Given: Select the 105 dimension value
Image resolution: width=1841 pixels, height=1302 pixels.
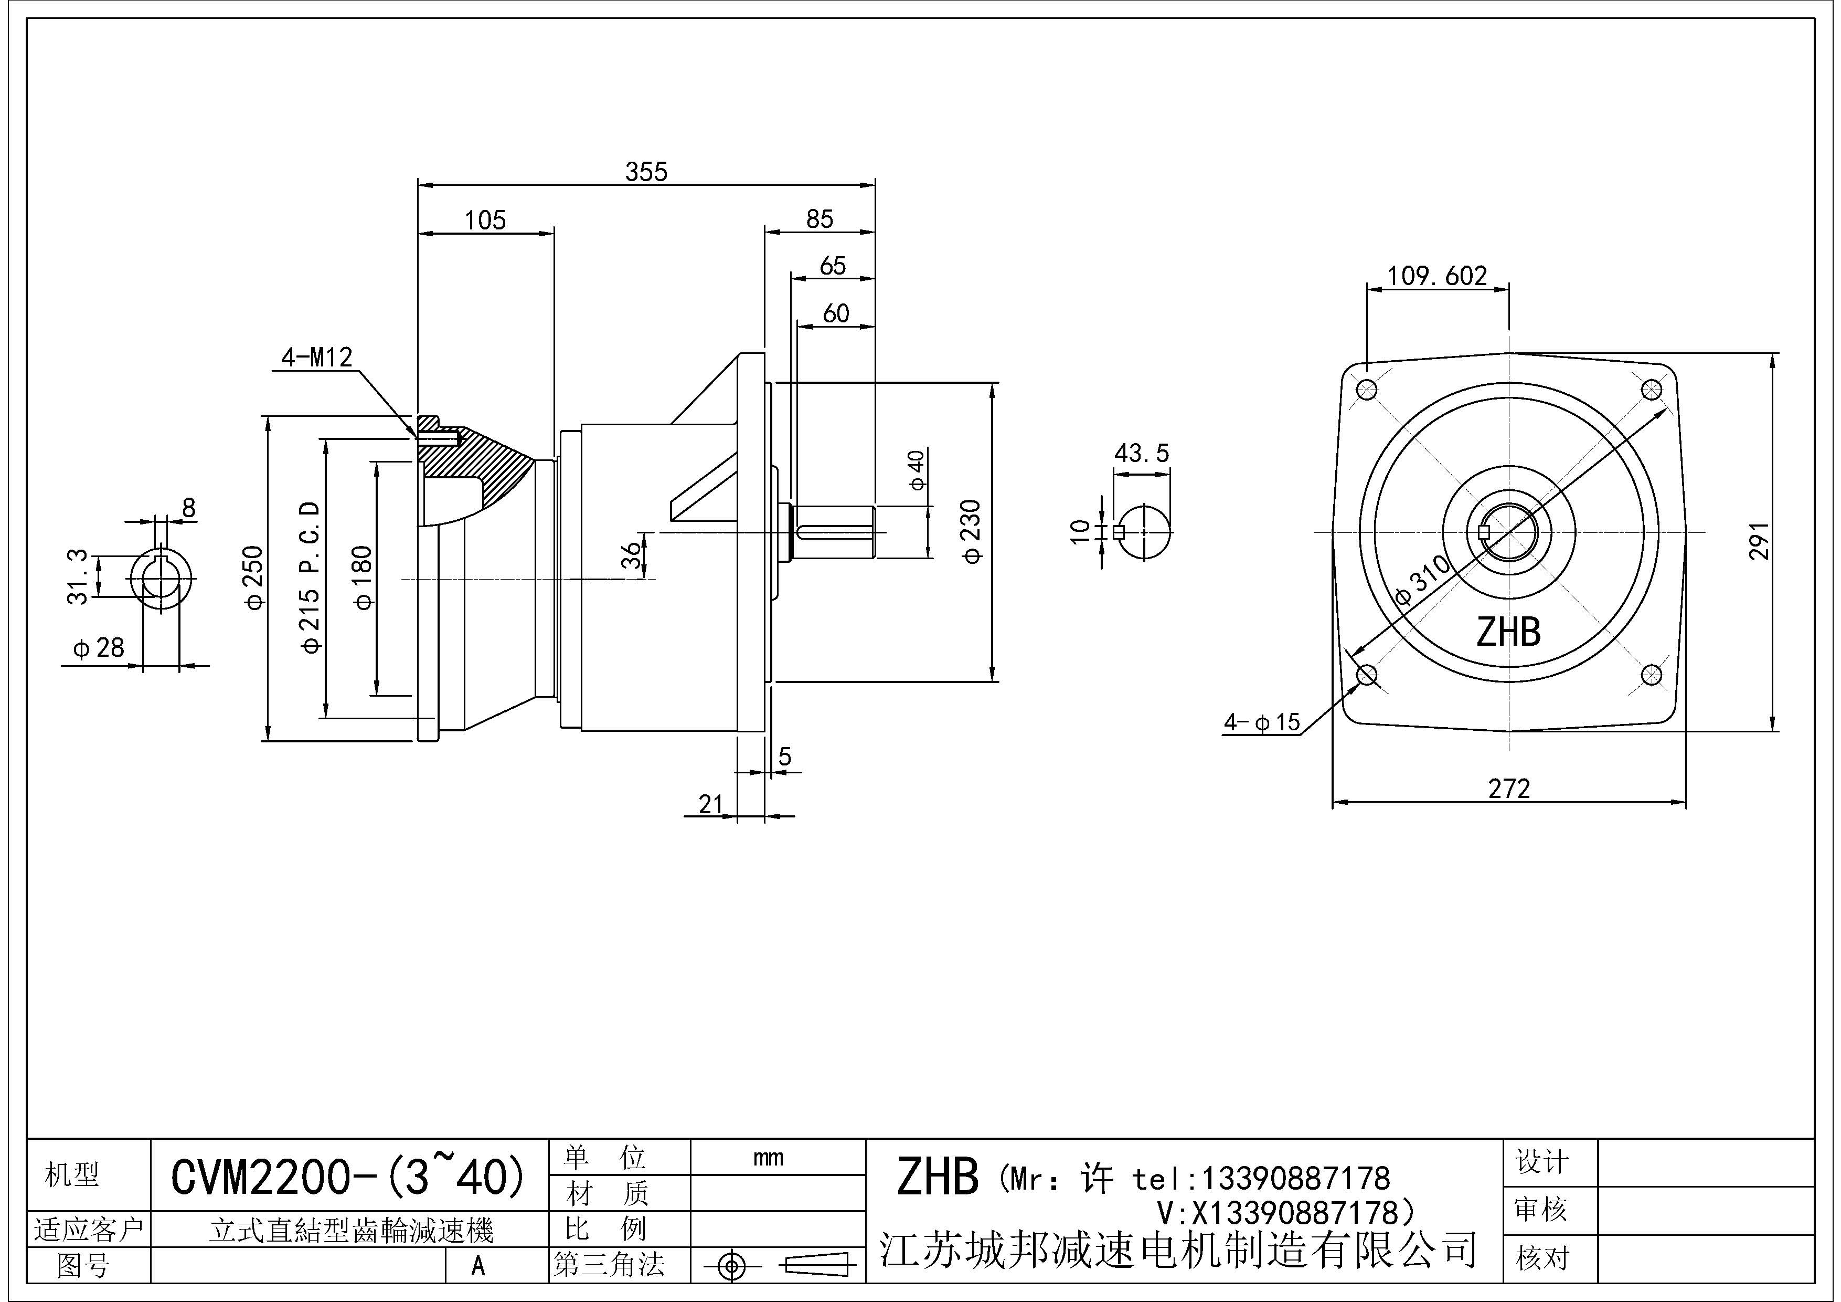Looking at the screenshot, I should pyautogui.click(x=485, y=220).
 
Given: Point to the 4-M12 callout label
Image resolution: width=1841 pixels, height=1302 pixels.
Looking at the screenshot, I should pyautogui.click(x=317, y=357).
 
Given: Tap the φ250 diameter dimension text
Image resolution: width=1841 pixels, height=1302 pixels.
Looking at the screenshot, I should pyautogui.click(x=254, y=577).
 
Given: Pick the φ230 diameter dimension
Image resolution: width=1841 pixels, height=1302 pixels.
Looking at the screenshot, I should pyautogui.click(x=971, y=531).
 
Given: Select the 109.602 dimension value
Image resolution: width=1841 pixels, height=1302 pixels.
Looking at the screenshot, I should pyautogui.click(x=1437, y=276).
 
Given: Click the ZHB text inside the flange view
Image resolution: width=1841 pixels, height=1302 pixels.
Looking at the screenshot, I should pyautogui.click(x=1508, y=632).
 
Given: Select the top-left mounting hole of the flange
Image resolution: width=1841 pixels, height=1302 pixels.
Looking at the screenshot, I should pyautogui.click(x=1366, y=391).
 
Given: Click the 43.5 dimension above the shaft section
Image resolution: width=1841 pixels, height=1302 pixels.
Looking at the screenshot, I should pyautogui.click(x=1141, y=453).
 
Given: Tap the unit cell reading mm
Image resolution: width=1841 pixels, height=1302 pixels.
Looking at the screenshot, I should pyautogui.click(x=768, y=1158).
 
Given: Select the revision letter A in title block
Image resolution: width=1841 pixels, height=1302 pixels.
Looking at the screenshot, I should pyautogui.click(x=478, y=1265).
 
